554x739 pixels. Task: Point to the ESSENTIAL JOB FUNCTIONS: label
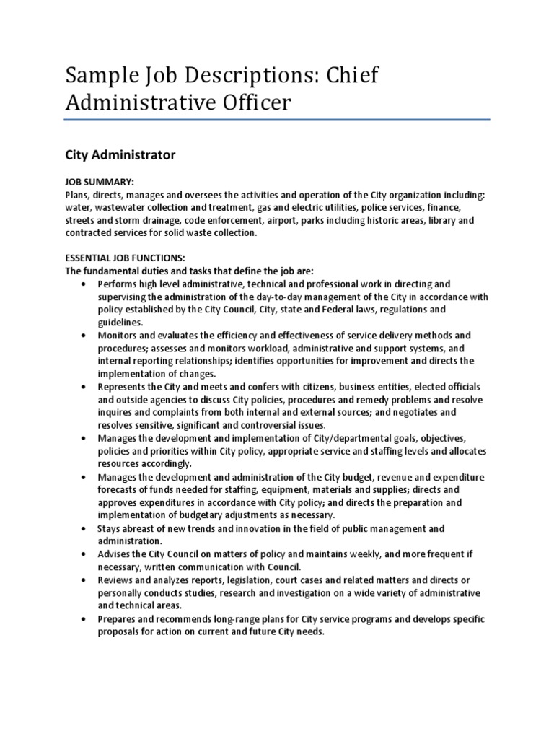point(126,258)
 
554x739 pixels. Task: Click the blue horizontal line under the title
point(277,120)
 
